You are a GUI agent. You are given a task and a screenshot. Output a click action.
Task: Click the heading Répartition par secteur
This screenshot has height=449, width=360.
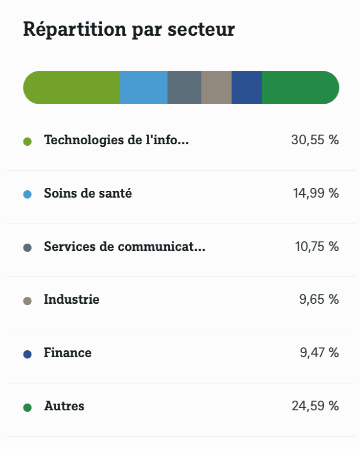tap(129, 29)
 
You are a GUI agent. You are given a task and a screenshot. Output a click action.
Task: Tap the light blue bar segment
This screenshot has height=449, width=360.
tap(144, 88)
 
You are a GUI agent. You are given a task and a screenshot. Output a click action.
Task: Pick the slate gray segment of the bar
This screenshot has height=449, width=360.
tap(184, 88)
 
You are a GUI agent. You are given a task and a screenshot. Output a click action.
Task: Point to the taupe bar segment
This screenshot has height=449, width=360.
tap(216, 88)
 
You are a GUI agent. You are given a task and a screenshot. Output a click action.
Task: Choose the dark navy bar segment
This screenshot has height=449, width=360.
tap(247, 88)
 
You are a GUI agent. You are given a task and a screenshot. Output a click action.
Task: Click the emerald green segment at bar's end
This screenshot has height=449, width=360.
tap(299, 88)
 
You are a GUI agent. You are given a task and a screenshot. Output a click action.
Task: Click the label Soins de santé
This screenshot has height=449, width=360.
tap(88, 194)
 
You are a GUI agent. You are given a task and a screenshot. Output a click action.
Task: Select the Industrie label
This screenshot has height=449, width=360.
tap(71, 299)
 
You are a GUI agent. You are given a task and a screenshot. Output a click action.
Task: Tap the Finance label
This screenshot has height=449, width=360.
tap(67, 353)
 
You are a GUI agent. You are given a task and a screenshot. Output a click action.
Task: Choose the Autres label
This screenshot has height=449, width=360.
tap(64, 406)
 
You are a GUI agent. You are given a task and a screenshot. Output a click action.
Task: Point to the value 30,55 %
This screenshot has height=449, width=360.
tap(315, 140)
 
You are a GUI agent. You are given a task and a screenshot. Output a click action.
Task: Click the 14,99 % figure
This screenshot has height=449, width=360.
tap(316, 194)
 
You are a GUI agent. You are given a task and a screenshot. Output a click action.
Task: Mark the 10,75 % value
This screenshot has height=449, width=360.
tap(316, 247)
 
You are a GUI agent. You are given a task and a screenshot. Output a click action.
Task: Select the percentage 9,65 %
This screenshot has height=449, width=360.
tap(319, 299)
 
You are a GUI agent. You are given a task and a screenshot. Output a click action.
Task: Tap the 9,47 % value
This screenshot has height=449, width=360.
tap(319, 353)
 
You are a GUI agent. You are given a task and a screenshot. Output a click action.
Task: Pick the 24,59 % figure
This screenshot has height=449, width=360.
tap(315, 406)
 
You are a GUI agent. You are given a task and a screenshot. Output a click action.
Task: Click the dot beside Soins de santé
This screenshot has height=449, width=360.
tap(27, 194)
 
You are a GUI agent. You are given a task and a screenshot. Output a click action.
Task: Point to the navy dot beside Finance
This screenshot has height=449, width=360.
tap(27, 354)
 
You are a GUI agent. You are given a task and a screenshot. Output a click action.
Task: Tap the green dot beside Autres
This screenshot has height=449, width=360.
tap(27, 407)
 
